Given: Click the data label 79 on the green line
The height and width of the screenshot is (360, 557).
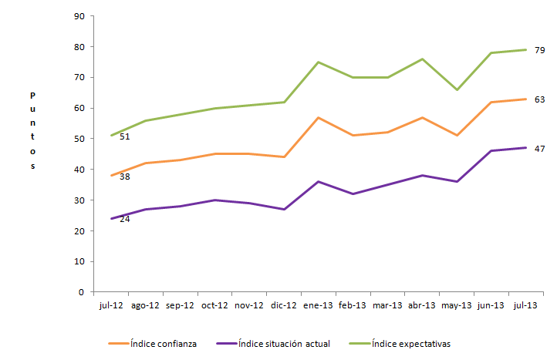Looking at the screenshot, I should (x=540, y=50).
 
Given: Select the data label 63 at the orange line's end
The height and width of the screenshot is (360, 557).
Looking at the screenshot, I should (x=540, y=99).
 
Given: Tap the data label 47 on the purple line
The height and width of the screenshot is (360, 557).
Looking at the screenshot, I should (x=540, y=148).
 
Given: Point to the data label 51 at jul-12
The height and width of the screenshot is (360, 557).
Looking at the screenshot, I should (x=124, y=136).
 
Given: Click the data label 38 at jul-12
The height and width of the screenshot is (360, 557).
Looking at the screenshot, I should (x=124, y=177).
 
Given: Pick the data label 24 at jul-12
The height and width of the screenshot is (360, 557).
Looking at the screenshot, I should (x=124, y=219).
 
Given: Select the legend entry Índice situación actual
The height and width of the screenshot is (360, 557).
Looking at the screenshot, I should (x=284, y=343).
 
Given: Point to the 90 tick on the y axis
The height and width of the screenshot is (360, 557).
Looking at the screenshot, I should (x=79, y=16).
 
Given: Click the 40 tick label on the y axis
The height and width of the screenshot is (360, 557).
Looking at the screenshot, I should (x=79, y=170).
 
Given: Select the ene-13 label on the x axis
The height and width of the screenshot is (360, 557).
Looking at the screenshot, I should (x=319, y=305).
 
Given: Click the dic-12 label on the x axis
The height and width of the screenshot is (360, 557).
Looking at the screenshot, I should (x=284, y=305).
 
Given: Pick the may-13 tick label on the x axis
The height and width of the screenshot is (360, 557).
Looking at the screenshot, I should (x=457, y=305).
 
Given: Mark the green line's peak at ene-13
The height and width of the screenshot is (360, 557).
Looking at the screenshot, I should (x=319, y=62).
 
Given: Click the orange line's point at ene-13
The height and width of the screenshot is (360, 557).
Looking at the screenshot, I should (x=319, y=117).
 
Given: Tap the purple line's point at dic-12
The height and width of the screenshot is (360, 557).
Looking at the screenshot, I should (x=284, y=209).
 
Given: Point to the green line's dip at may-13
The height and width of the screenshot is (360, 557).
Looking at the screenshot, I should (x=457, y=89).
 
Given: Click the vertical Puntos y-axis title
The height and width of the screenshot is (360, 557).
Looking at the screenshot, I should (x=32, y=130).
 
